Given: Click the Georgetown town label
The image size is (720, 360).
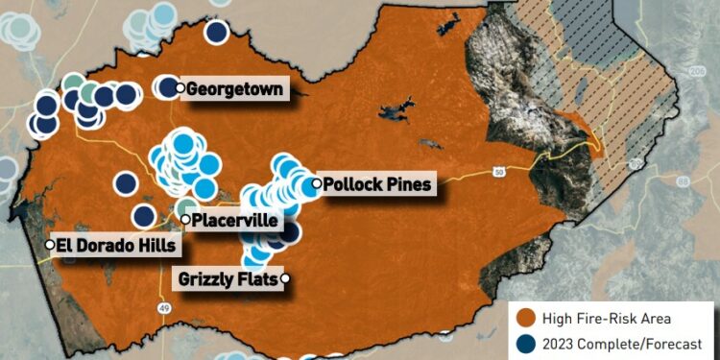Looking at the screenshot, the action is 235,88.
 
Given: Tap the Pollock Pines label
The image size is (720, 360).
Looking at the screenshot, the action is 378,183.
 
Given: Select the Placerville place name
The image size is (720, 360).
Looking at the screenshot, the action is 236,221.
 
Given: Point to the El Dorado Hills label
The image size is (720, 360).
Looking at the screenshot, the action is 116,245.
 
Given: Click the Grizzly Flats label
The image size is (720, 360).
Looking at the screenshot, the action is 228,279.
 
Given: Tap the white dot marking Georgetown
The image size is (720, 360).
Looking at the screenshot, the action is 180,88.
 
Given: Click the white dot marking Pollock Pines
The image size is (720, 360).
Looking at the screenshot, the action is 316,183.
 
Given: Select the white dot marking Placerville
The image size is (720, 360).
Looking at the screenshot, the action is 185,220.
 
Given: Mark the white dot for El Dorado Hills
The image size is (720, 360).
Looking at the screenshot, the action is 50,245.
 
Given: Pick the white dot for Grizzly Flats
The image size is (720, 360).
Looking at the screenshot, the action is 284,279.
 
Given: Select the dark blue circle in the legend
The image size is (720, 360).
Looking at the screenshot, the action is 524,343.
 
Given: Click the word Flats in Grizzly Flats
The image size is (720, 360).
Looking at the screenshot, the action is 255,279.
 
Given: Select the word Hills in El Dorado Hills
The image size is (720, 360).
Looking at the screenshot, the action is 155,245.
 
